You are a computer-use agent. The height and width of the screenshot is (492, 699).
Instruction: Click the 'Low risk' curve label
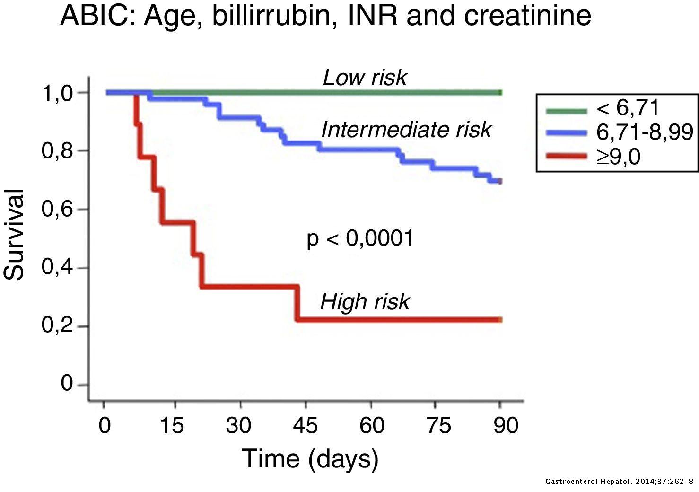pos(364,78)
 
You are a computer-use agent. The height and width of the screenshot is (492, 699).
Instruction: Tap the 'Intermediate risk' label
pos(406,130)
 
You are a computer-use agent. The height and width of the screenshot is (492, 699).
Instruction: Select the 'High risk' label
pos(365,302)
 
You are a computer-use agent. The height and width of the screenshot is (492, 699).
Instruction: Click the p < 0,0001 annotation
pos(360,238)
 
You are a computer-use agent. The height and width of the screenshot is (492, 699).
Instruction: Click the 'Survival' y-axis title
pos(14,235)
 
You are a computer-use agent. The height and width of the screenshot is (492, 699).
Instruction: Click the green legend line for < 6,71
pos(567,111)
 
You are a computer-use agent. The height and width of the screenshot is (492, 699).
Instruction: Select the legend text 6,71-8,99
pos(645,132)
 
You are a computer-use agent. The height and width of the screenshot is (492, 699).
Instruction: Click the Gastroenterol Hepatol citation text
pos(619,482)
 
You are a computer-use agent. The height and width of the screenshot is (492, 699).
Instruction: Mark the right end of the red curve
pos(500,320)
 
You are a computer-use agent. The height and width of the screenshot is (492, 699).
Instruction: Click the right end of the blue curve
pos(500,182)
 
